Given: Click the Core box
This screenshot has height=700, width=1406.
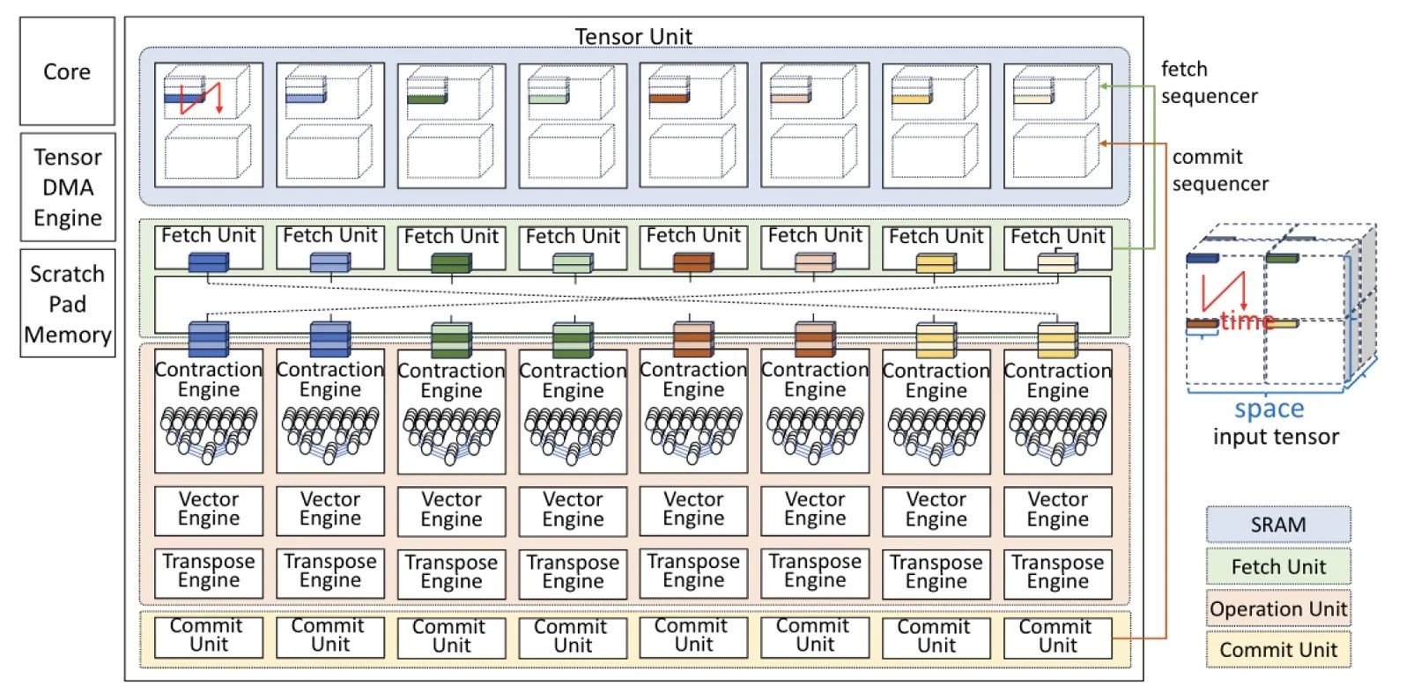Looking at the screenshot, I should [x=67, y=71].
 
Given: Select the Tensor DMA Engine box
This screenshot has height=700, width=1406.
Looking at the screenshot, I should [x=68, y=188].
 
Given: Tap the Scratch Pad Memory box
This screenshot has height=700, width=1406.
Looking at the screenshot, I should [x=68, y=304].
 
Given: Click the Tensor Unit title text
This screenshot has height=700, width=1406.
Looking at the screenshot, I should [x=633, y=36].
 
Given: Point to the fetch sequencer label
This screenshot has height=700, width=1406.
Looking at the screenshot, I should [x=1209, y=83].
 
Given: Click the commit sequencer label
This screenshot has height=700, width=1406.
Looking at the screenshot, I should [x=1219, y=171].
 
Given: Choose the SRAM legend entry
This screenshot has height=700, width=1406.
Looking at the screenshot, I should [x=1277, y=525].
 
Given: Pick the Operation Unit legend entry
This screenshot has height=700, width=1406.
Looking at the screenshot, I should [x=1277, y=608].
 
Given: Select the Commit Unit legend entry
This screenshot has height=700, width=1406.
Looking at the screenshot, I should [x=1277, y=650].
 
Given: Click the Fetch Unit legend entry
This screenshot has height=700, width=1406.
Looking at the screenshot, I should [x=1277, y=567].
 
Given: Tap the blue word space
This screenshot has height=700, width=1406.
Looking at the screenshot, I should [x=1269, y=409].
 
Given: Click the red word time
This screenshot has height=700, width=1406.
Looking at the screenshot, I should [x=1247, y=321].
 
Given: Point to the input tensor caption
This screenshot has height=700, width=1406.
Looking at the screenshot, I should [x=1275, y=437].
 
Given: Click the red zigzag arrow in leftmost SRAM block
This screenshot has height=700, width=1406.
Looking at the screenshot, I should [x=201, y=96].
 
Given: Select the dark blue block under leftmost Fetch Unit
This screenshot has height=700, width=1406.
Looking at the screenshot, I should [x=208, y=262].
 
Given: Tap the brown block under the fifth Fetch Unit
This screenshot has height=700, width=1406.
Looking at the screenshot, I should [x=692, y=262].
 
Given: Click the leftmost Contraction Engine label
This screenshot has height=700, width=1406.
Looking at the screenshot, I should [x=209, y=379].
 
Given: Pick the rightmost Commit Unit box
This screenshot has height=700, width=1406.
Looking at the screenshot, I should [x=1057, y=636].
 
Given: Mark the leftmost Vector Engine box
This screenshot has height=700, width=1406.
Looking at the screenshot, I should [x=209, y=510].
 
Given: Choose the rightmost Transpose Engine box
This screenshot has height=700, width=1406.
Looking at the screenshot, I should [x=1057, y=572].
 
